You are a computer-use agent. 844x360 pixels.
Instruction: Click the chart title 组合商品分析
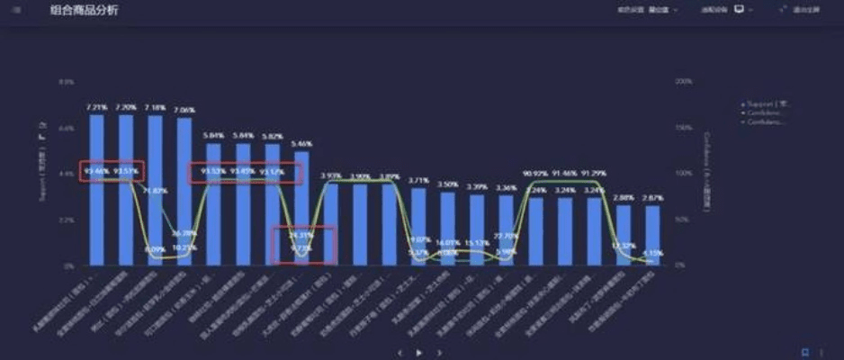click(x=84, y=10)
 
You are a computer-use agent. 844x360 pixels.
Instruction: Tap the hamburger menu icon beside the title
click(x=16, y=10)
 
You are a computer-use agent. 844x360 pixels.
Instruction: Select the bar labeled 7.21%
click(x=96, y=189)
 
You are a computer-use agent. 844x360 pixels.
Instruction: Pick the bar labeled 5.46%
click(x=302, y=207)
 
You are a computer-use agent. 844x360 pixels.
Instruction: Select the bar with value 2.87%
click(x=652, y=236)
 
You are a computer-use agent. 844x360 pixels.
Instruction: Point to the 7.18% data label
click(x=155, y=107)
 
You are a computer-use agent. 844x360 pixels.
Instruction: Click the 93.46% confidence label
click(x=96, y=169)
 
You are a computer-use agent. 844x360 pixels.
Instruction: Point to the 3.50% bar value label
click(x=447, y=184)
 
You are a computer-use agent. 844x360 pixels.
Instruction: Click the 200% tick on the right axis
click(x=683, y=81)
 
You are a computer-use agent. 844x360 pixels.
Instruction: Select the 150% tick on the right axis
click(x=683, y=128)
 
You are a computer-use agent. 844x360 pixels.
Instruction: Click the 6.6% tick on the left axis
click(x=66, y=128)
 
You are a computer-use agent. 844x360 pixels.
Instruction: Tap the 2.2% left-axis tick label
click(x=66, y=220)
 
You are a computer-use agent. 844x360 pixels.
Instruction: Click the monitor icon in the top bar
click(x=739, y=10)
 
